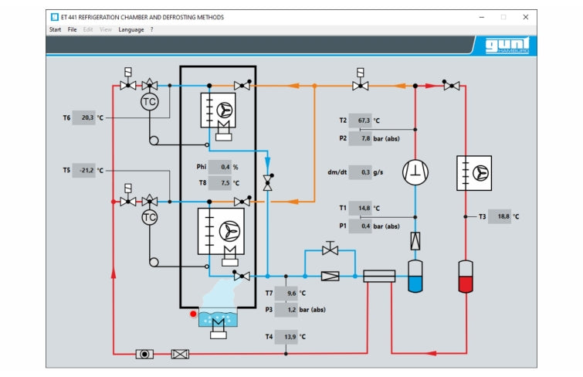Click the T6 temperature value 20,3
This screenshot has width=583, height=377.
click(84, 118)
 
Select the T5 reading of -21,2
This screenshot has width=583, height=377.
click(84, 170)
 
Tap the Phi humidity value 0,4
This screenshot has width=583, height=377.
click(222, 167)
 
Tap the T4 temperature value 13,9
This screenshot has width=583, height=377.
click(288, 337)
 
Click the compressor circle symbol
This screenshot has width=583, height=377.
click(415, 172)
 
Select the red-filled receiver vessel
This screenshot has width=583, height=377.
click(466, 276)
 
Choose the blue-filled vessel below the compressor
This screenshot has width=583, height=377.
click(415, 276)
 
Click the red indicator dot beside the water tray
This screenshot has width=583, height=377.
click(194, 314)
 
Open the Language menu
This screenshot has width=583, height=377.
click(130, 29)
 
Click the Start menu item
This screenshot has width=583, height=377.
click(55, 29)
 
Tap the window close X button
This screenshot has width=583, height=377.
click(526, 16)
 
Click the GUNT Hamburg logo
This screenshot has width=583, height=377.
click(506, 46)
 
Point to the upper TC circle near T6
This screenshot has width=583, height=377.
click(149, 102)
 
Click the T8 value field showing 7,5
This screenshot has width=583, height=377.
click(222, 184)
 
